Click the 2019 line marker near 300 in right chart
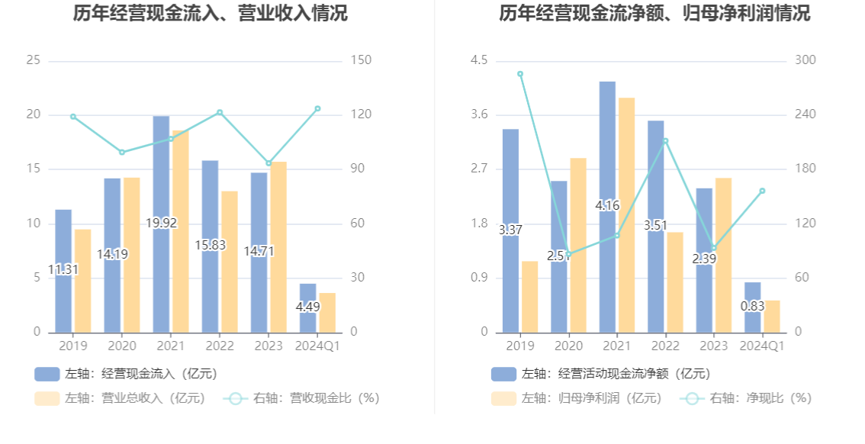pyautogui.click(x=520, y=74)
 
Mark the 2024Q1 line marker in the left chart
pyautogui.click(x=317, y=108)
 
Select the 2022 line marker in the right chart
pyautogui.click(x=665, y=140)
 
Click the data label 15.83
pyautogui.click(x=210, y=245)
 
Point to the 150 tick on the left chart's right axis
pyautogui.click(x=361, y=60)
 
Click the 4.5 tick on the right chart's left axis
pyautogui.click(x=478, y=60)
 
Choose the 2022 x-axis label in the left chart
pyautogui.click(x=220, y=346)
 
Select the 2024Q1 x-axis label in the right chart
pyautogui.click(x=763, y=346)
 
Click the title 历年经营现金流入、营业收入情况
pyautogui.click(x=211, y=13)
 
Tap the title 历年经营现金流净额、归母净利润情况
pyautogui.click(x=654, y=13)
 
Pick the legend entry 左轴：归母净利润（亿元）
pyautogui.click(x=577, y=398)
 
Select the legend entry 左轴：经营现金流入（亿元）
pyautogui.click(x=126, y=374)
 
